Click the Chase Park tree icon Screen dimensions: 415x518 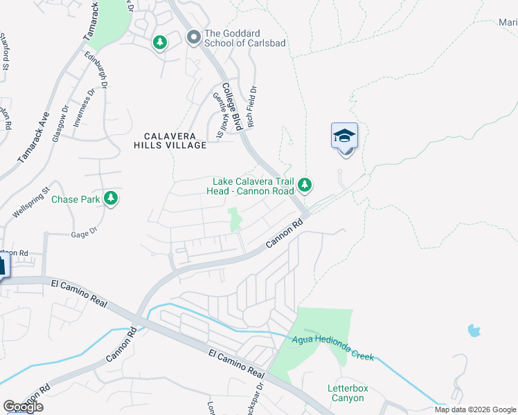110,199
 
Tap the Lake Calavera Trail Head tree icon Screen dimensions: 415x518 305,185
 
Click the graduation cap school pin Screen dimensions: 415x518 344,138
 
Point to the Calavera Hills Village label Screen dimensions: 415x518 170,140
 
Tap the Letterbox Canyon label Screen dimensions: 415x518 345,393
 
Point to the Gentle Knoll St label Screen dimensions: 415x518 222,118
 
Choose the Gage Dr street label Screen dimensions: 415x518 82,234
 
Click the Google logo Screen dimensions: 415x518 23,407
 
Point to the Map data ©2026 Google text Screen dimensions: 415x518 474,409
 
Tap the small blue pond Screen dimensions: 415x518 474,330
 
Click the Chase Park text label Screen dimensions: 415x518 75,199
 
